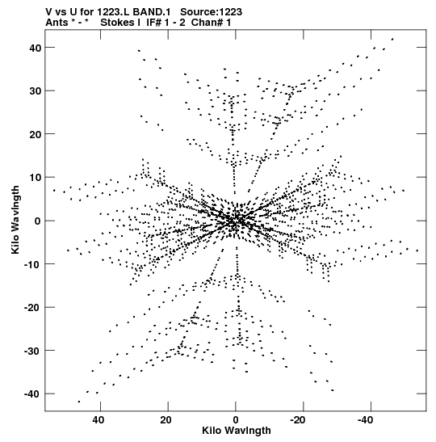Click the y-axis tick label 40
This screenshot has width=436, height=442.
tap(36, 48)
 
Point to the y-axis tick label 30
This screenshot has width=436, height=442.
tap(36, 91)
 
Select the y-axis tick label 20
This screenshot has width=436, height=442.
tap(36, 134)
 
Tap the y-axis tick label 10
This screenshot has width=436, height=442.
tap(36, 178)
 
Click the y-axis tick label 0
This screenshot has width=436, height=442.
tap(38, 221)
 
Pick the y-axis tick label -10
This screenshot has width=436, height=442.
tap(33, 264)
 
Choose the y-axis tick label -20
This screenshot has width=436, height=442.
tap(33, 307)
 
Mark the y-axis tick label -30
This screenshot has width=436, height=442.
tap(33, 351)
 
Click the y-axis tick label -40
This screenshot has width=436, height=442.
tap(33, 394)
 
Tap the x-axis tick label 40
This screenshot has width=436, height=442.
tap(98, 420)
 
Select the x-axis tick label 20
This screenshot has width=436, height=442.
tap(166, 420)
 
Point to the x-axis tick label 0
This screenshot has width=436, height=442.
tap(236, 420)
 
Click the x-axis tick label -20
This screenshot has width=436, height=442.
tap(298, 420)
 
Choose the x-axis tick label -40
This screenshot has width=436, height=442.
tap(366, 420)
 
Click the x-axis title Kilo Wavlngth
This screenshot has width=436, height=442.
tap(237, 431)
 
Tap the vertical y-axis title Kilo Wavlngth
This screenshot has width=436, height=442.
tap(15, 220)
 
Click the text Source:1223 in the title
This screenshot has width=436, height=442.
tap(211, 12)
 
